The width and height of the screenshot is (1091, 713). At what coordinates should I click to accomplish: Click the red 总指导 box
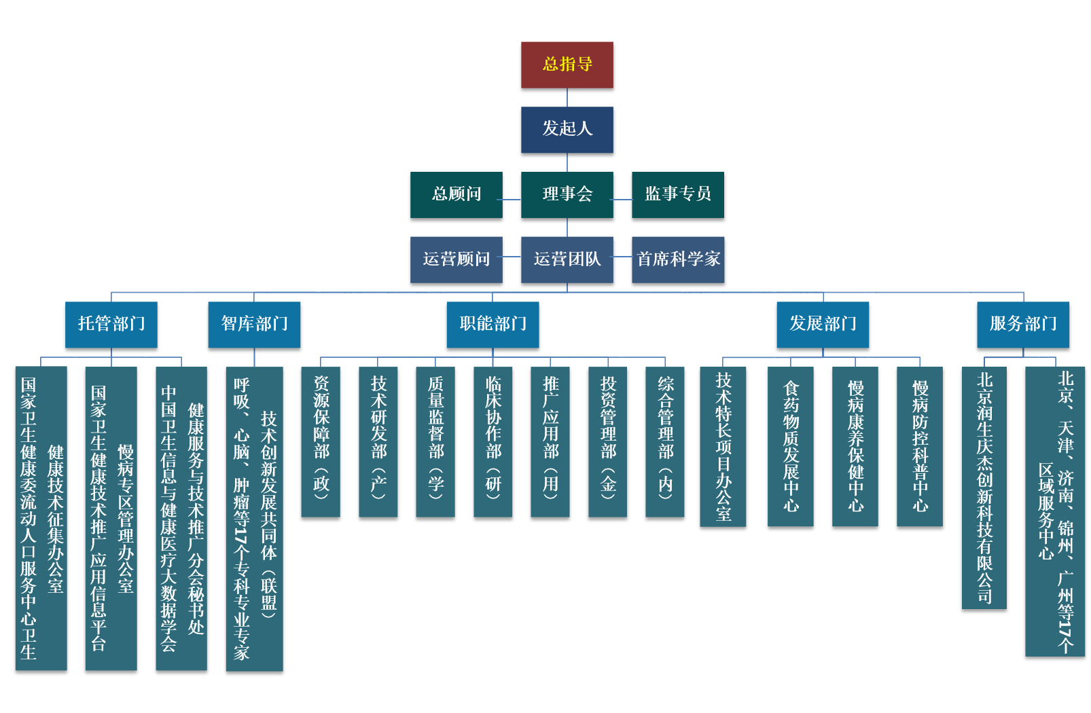(x=567, y=65)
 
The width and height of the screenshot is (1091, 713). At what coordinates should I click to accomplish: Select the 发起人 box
(x=567, y=129)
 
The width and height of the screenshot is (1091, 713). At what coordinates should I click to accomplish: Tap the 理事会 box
(x=567, y=194)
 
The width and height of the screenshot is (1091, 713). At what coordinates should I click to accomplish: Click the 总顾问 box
(x=456, y=194)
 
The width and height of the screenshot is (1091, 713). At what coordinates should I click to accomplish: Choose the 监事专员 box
(x=677, y=194)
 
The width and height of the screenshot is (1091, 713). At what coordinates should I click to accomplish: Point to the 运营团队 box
(x=567, y=259)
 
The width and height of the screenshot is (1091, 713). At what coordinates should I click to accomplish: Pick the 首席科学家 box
(x=677, y=259)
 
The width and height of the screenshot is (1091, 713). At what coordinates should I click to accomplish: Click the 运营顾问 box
(x=456, y=259)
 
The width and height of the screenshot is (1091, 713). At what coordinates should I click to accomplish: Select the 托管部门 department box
(x=111, y=324)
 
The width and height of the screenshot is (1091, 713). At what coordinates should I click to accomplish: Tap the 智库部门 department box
(x=254, y=324)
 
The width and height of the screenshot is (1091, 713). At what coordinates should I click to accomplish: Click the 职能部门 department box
(x=493, y=324)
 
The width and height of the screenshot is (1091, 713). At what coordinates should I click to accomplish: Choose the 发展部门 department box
(x=823, y=324)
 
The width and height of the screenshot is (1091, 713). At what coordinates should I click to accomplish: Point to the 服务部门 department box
(x=1023, y=324)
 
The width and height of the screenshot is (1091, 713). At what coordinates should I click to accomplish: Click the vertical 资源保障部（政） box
(x=321, y=441)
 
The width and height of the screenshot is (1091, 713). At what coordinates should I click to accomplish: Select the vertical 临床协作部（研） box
(x=493, y=441)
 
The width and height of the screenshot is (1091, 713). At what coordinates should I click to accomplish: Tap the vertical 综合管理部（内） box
(x=664, y=441)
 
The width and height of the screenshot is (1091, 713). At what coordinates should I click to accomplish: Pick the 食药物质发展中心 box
(x=790, y=446)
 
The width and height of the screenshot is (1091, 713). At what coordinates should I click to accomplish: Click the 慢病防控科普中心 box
(x=919, y=446)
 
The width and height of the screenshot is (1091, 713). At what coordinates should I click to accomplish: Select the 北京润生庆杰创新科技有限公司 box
(x=984, y=487)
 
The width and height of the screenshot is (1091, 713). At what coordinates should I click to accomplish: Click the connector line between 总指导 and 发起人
(x=567, y=97)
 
